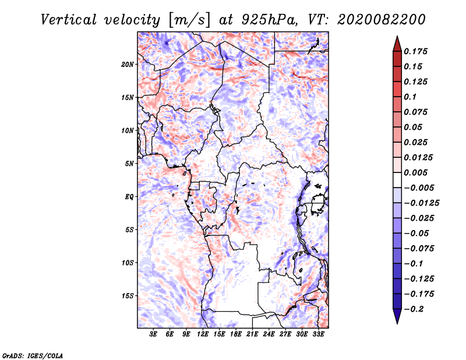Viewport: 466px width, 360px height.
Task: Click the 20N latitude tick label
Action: pos(128,65)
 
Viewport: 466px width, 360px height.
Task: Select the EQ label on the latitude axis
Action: pos(129,197)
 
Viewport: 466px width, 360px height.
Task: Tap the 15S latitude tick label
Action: pos(128,296)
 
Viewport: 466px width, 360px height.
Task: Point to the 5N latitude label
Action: pos(129,164)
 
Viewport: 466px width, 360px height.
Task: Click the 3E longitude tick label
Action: pos(153,334)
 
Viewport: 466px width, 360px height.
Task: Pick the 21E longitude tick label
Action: pos(252,334)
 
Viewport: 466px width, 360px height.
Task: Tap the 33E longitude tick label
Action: pos(318,334)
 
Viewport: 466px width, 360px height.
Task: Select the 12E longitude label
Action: pos(203,334)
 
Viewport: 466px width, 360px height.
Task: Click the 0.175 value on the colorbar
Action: pos(415,51)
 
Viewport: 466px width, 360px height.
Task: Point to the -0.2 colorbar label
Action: pos(414,309)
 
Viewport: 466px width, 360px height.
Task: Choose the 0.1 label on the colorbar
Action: pos(410,97)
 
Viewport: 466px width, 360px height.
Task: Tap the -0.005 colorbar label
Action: pos(419,188)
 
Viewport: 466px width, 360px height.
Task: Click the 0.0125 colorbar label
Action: pos(418,157)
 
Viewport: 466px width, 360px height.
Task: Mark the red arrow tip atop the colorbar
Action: pos(397,36)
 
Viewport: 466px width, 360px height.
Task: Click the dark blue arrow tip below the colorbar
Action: pos(397,323)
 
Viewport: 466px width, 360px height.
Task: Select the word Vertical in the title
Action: pos(68,20)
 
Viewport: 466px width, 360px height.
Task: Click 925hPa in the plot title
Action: pos(269,20)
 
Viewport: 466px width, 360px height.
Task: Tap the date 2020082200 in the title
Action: pos(381,20)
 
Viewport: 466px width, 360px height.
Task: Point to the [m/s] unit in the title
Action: pos(189,20)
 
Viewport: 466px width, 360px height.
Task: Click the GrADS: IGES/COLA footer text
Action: pos(33,355)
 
